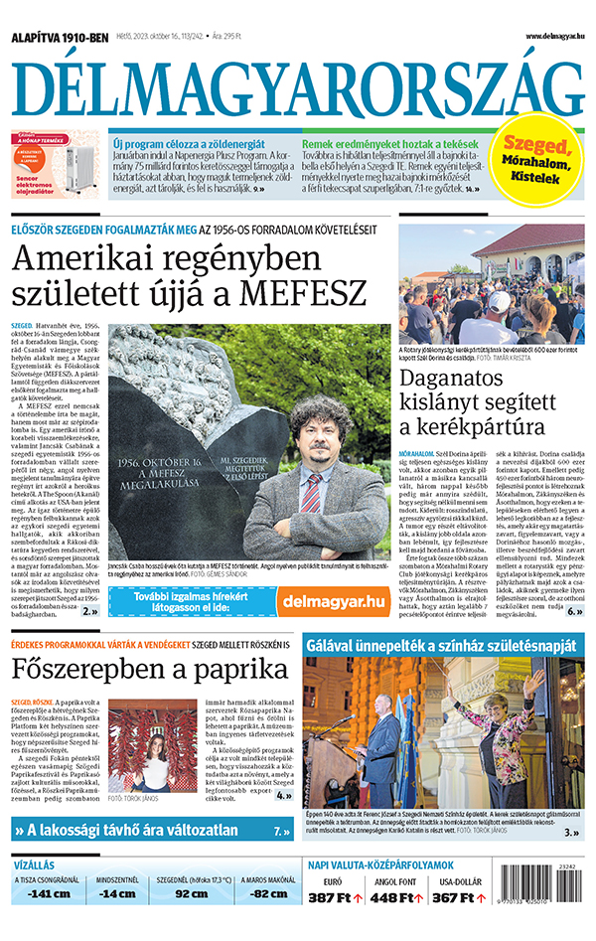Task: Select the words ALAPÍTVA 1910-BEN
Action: (60, 38)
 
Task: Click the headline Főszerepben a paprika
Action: (149, 670)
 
